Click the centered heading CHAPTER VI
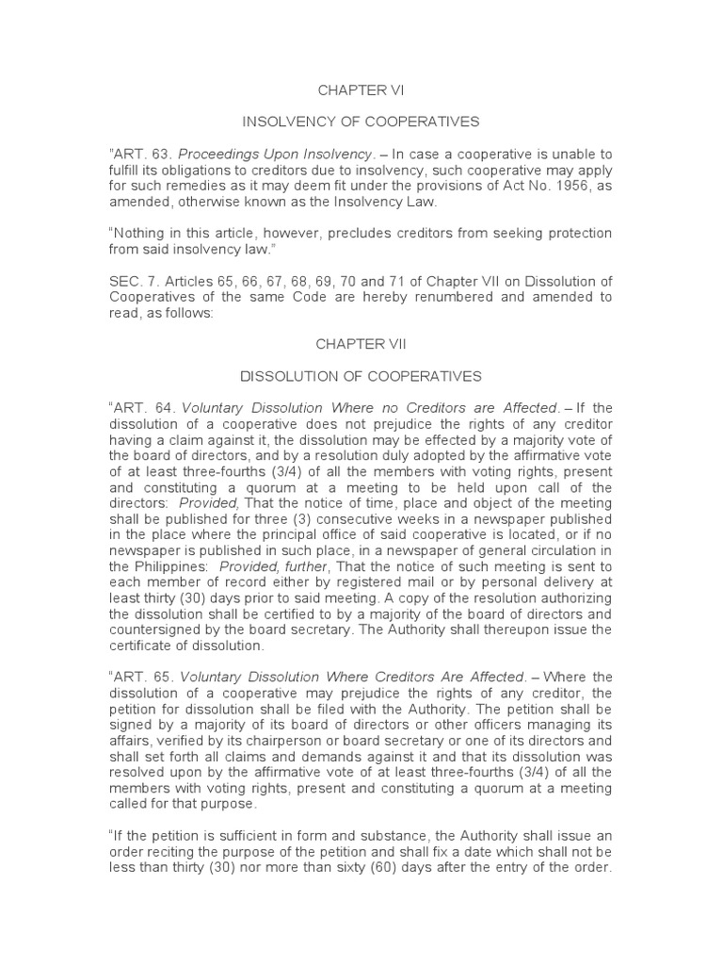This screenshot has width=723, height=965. [x=361, y=90]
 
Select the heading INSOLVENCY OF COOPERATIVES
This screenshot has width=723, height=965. [x=361, y=122]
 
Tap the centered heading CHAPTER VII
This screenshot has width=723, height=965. [x=361, y=345]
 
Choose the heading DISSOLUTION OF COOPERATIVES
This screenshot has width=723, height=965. [x=361, y=376]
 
